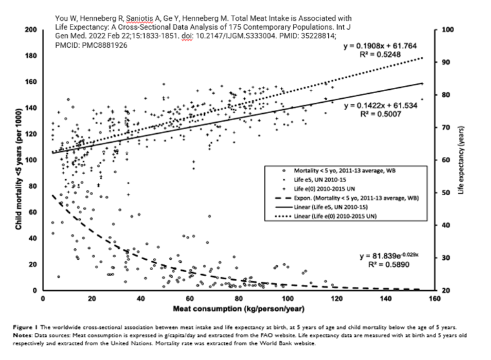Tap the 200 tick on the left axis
(x=30, y=30)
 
